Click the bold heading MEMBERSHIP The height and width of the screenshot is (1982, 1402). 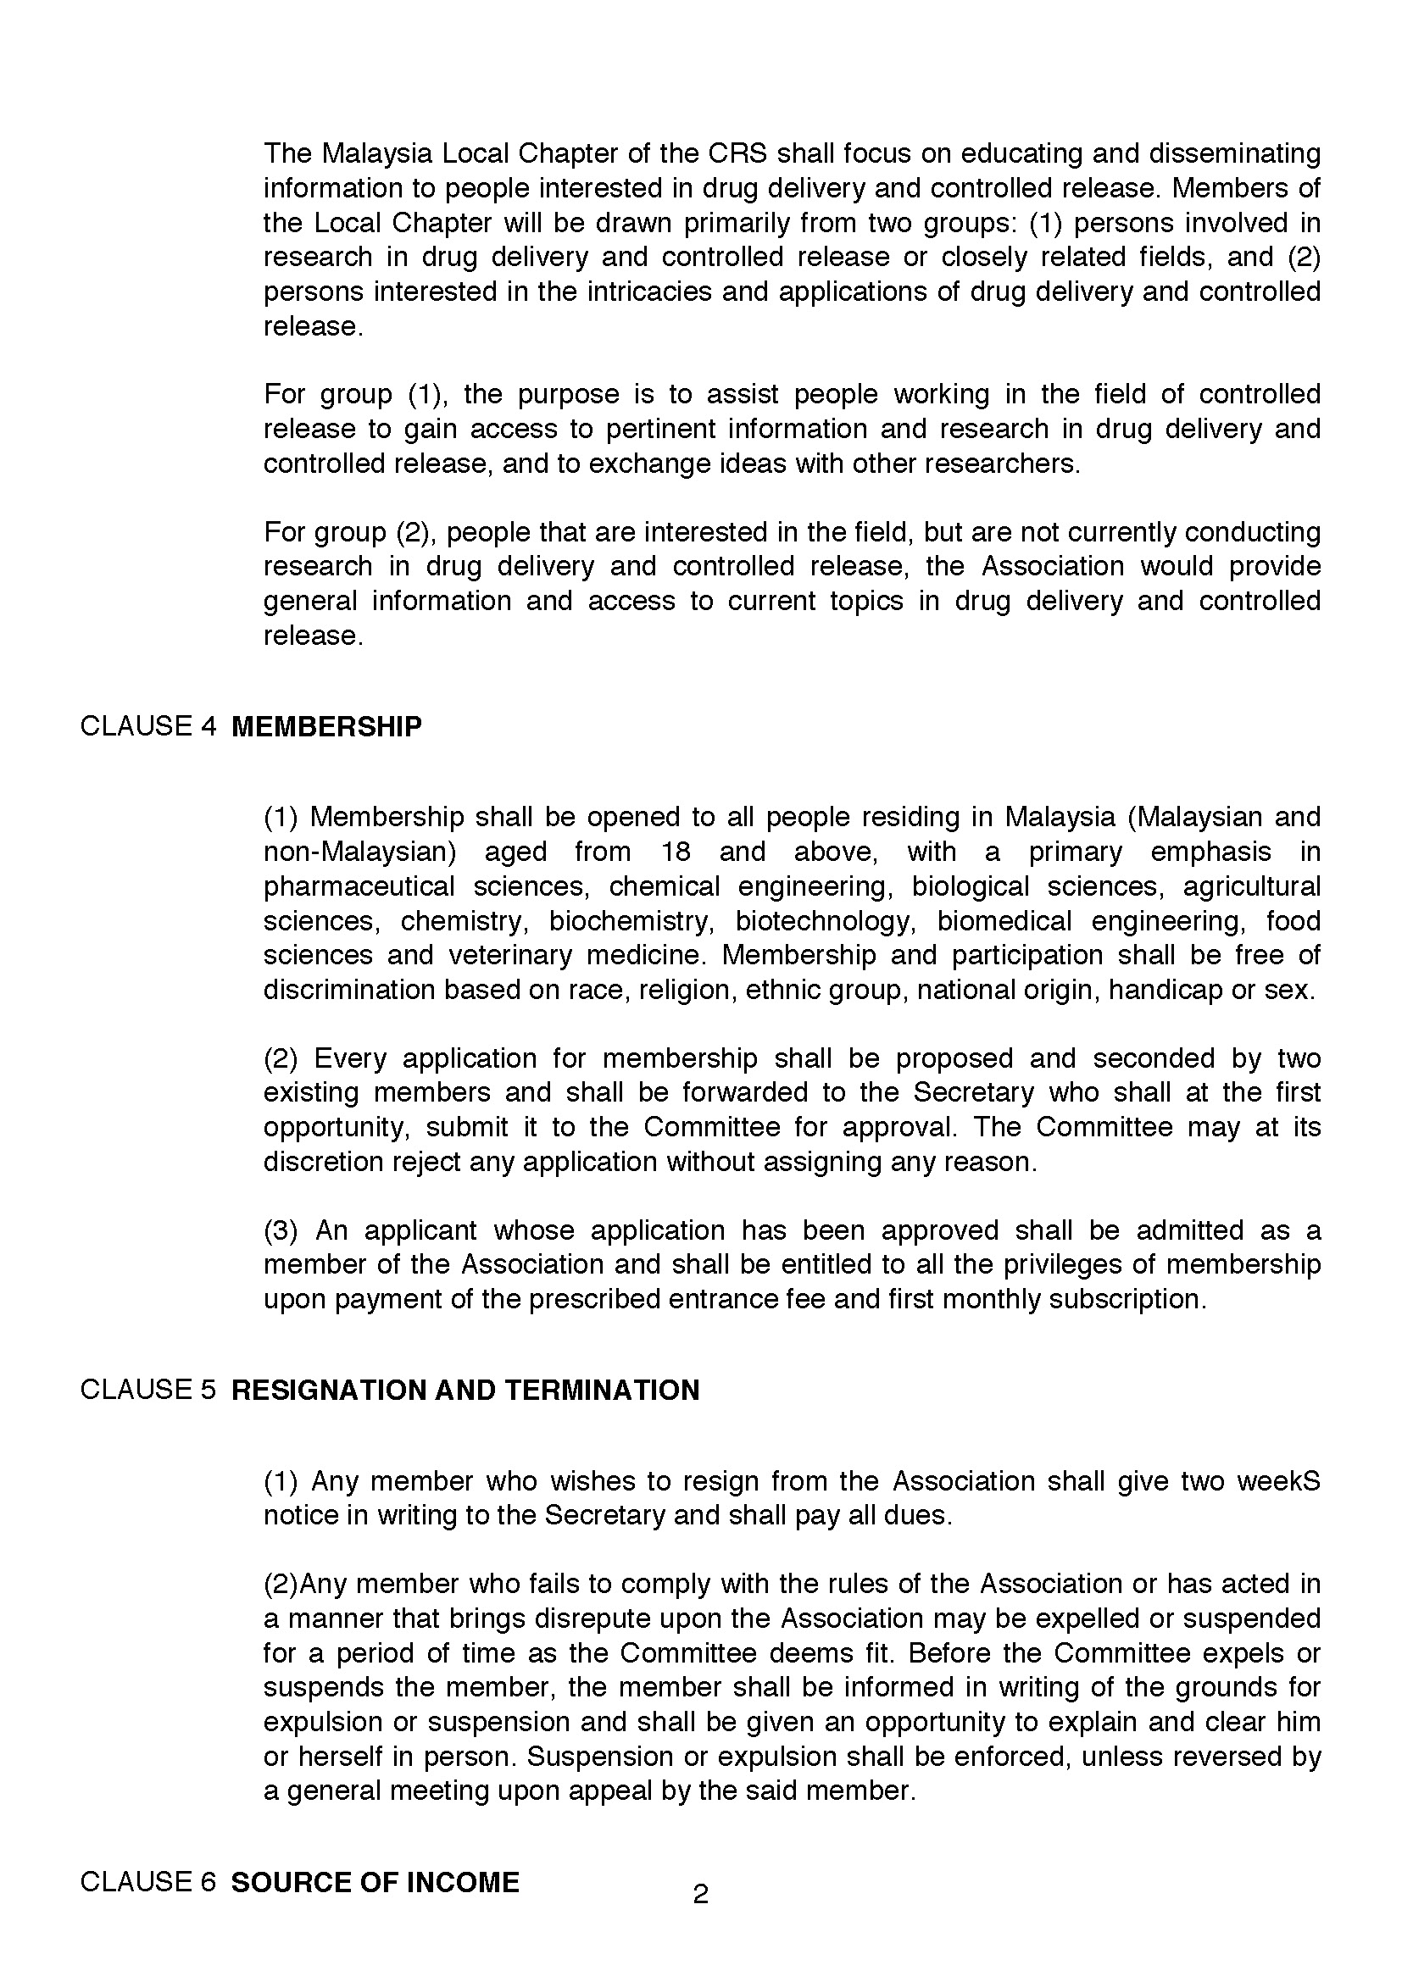coord(327,727)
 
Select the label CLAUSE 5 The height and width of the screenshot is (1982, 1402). coord(147,1390)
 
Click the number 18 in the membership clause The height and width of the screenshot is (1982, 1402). coord(675,852)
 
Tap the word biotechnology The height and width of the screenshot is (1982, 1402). coord(825,921)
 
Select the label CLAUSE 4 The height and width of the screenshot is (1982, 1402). coord(147,726)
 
